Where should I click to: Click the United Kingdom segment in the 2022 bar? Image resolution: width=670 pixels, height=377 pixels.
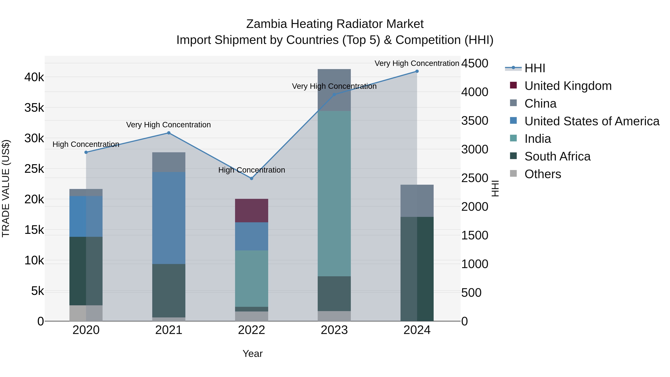(251, 211)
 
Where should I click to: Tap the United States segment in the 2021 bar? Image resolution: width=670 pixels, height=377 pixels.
(169, 218)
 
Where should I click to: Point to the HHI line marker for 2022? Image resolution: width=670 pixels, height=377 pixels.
(251, 179)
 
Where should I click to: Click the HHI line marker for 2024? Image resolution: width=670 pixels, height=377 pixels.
(417, 71)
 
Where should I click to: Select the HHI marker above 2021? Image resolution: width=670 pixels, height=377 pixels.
(169, 133)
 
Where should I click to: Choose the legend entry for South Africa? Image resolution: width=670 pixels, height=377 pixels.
(557, 156)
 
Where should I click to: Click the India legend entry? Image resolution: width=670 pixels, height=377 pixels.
(537, 139)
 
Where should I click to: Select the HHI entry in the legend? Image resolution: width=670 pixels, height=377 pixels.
(535, 68)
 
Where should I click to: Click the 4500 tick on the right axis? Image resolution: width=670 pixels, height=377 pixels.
(474, 63)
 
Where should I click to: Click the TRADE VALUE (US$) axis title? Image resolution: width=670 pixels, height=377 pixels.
(6, 188)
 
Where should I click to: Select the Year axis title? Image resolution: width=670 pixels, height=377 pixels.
(252, 354)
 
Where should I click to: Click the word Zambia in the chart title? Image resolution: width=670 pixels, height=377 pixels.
(266, 24)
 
